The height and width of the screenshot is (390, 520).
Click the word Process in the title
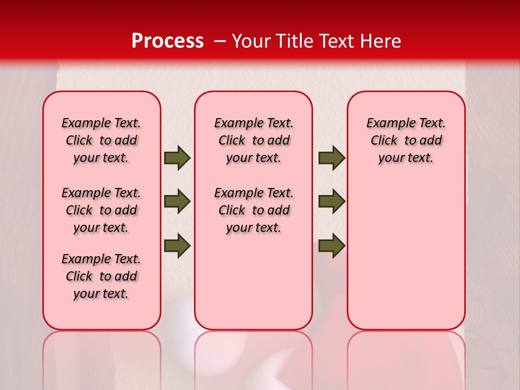(167, 41)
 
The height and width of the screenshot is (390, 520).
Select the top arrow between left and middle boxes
(177, 158)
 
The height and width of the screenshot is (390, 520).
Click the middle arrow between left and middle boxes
(177, 201)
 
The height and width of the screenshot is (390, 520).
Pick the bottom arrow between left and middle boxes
(177, 245)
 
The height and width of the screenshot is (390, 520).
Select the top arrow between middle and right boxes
(331, 158)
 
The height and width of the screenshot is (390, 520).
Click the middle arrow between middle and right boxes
(331, 201)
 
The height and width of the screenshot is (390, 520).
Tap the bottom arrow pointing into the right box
(331, 245)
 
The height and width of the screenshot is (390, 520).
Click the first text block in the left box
(101, 140)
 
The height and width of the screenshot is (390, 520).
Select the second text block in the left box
(101, 210)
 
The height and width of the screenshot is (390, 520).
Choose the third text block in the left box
(101, 276)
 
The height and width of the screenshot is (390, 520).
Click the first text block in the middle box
(253, 140)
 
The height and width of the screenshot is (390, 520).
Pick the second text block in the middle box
(253, 210)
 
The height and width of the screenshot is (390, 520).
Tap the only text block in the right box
(406, 140)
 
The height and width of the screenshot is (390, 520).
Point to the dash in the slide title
(219, 41)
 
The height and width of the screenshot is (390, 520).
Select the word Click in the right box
(384, 141)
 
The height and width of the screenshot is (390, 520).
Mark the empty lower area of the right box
(406, 260)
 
